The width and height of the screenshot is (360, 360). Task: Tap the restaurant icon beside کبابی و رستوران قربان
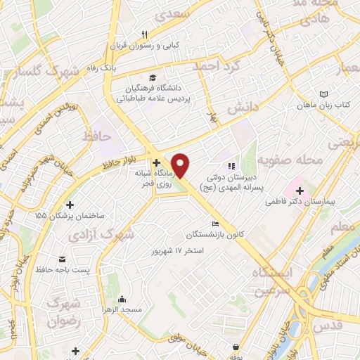(x=143, y=34)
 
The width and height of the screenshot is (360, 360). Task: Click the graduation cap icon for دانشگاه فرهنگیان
(x=152, y=77)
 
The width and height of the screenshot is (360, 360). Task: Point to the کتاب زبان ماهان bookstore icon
(x=323, y=94)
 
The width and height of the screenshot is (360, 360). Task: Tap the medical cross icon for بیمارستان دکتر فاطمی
(x=300, y=191)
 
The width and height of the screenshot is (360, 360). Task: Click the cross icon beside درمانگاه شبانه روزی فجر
(x=156, y=163)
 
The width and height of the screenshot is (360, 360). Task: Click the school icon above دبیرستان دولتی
(x=229, y=166)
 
